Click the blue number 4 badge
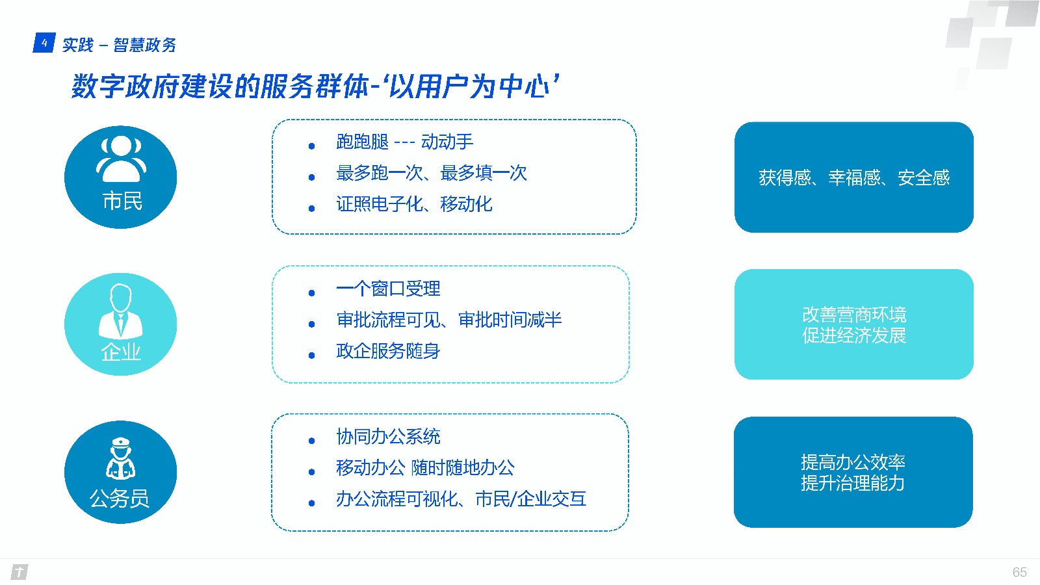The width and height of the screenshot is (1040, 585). (44, 43)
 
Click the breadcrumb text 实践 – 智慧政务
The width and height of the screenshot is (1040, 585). (120, 45)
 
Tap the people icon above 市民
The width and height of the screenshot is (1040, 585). (121, 159)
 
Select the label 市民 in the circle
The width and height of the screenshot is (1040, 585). (122, 201)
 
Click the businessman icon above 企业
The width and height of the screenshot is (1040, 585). (121, 311)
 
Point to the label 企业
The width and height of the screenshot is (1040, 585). (121, 352)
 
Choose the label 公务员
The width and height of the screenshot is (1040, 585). (120, 499)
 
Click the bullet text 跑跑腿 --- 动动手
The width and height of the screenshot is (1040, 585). (404, 142)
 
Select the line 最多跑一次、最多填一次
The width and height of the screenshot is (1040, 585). (432, 173)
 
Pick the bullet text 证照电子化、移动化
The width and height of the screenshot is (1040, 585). (414, 204)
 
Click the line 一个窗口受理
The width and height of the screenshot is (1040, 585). (388, 289)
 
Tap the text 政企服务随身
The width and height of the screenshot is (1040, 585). (388, 351)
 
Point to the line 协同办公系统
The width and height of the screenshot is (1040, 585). (388, 436)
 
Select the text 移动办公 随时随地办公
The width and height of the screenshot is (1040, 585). (425, 467)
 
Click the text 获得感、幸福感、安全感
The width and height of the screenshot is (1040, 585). (854, 177)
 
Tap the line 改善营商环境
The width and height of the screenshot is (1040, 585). (854, 315)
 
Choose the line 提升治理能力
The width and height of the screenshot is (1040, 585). (853, 484)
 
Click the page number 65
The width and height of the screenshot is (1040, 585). (1020, 572)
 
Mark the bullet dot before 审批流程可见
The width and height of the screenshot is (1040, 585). (311, 324)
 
